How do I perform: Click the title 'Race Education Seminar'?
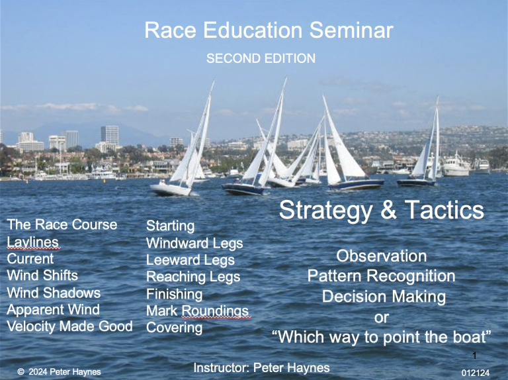pyautogui.click(x=269, y=30)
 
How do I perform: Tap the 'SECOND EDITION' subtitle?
pyautogui.click(x=261, y=58)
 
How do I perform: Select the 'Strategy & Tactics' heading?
pyautogui.click(x=381, y=211)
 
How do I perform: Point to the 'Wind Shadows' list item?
pyautogui.click(x=54, y=293)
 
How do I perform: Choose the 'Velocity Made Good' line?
pyautogui.click(x=69, y=326)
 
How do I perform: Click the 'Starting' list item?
pyautogui.click(x=170, y=226)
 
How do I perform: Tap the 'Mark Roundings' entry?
pyautogui.click(x=198, y=310)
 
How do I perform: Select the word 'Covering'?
pyautogui.click(x=174, y=328)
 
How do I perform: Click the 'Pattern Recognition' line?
pyautogui.click(x=381, y=275)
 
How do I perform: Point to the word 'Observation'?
pyautogui.click(x=381, y=256)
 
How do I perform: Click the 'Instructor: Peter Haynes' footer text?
pyautogui.click(x=261, y=367)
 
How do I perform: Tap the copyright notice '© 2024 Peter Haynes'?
pyautogui.click(x=59, y=372)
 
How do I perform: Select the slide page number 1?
pyautogui.click(x=474, y=356)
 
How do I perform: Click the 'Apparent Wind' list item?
pyautogui.click(x=53, y=309)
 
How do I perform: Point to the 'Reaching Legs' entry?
pyautogui.click(x=193, y=276)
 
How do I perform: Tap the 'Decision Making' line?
pyautogui.click(x=384, y=297)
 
